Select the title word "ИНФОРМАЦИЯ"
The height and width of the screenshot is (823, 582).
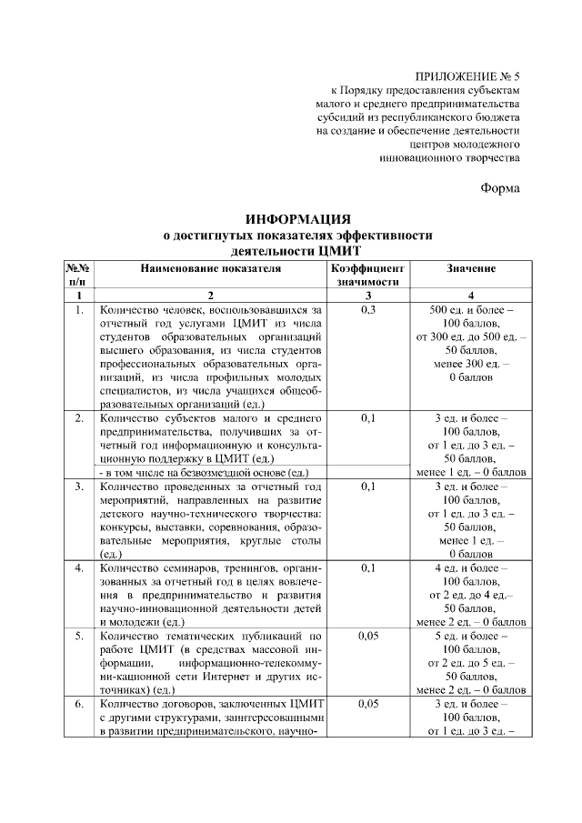297,219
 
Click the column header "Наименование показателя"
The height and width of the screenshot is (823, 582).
211,269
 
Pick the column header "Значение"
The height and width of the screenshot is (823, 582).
470,269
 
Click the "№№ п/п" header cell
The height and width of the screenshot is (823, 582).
78,276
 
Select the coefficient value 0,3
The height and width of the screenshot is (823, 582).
367,310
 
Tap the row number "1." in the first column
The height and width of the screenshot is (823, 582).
79,310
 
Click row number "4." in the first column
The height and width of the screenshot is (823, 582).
79,568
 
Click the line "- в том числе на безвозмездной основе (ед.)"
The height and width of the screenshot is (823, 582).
205,473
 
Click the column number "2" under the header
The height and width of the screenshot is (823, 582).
210,296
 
